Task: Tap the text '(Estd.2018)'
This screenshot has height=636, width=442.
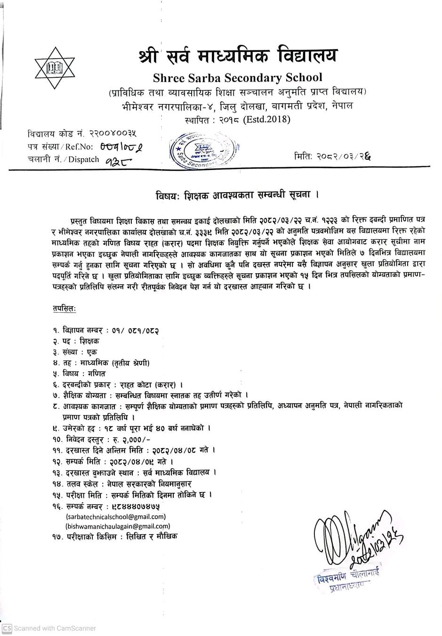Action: (x=267, y=119)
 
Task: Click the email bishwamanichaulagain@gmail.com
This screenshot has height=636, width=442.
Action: (x=118, y=526)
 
